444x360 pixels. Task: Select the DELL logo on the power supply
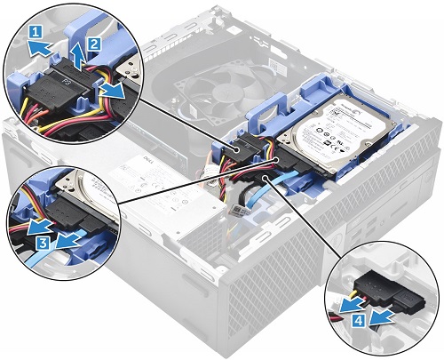140,166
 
